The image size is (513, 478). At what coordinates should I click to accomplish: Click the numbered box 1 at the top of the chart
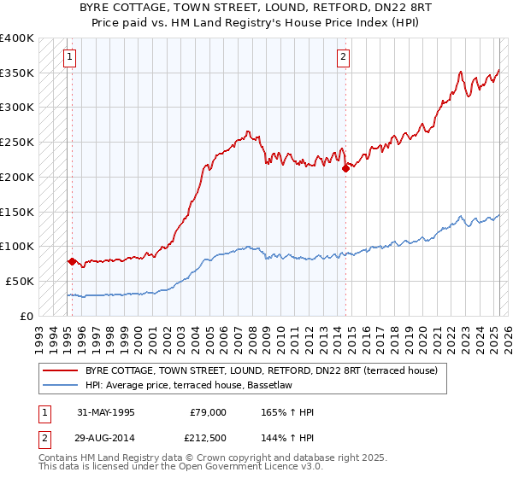pos(69,58)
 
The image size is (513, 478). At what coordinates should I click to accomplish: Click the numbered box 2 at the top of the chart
pos(343,58)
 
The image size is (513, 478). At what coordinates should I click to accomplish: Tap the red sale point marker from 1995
pos(72,261)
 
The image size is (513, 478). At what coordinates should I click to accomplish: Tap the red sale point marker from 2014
pos(345,169)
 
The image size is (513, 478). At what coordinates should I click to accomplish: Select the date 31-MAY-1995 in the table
pos(105,412)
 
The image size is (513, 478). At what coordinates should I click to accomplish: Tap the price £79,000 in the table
pos(207,412)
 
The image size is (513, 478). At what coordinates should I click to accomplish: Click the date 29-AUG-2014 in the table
pos(105,438)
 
